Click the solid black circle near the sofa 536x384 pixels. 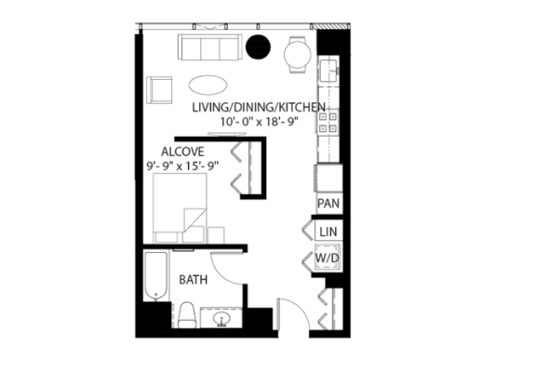259,47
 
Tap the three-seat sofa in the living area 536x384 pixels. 209,47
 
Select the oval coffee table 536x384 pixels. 208,85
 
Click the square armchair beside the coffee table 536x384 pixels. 159,90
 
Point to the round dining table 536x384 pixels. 298,55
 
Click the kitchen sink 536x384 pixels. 328,70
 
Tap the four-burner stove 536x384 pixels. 328,123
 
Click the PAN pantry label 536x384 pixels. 328,204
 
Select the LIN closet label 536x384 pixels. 328,232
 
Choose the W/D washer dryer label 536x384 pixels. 328,258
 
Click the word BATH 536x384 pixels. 194,280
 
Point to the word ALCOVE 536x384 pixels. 182,152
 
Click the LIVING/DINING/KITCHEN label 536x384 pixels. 259,107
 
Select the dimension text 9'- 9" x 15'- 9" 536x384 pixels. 183,166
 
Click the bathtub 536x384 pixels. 156,276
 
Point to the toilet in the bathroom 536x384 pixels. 187,314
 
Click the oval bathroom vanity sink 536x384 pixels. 221,319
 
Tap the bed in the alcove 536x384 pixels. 180,208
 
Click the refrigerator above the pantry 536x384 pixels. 328,178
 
